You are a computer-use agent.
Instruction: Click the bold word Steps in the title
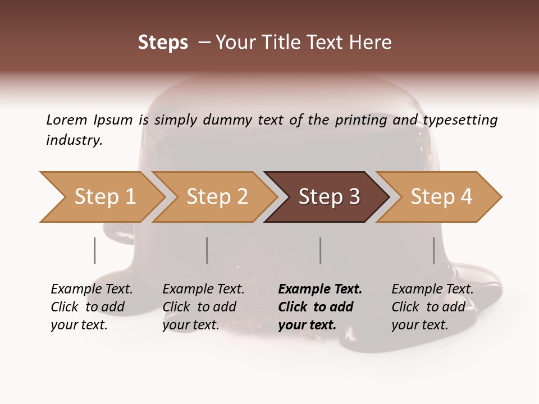[163, 43]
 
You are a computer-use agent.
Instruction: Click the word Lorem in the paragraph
[66, 120]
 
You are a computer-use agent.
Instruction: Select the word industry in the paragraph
[74, 140]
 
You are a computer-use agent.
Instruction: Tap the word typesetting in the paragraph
[460, 120]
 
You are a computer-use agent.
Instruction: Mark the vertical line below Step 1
[95, 250]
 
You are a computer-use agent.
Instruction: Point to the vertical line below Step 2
[207, 250]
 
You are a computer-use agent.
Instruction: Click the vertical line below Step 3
[321, 250]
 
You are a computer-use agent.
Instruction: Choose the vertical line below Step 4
[434, 250]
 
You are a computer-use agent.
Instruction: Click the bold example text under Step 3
[320, 307]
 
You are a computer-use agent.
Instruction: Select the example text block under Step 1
[92, 307]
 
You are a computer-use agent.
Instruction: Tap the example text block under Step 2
[203, 307]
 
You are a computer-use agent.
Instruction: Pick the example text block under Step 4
[432, 307]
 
